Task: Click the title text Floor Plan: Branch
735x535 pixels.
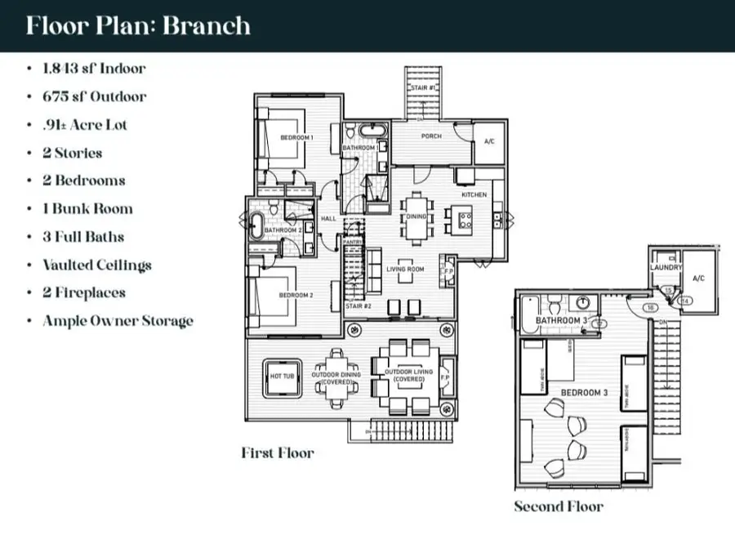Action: (137, 25)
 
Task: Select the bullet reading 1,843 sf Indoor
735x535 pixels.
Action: (93, 68)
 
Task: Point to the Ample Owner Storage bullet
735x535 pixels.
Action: (118, 320)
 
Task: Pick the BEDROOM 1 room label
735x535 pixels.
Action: (296, 138)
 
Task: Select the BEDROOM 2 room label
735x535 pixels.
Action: (296, 296)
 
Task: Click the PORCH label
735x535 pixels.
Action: (431, 136)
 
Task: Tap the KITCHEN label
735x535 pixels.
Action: (474, 195)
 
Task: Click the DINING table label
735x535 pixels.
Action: (417, 216)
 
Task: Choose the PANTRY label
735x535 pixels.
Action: (352, 242)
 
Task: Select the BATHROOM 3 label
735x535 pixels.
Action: (560, 321)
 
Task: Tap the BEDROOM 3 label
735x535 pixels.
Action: (584, 394)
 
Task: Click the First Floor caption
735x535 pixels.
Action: (277, 453)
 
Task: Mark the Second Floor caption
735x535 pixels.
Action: (559, 506)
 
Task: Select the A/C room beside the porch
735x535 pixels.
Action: (490, 141)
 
